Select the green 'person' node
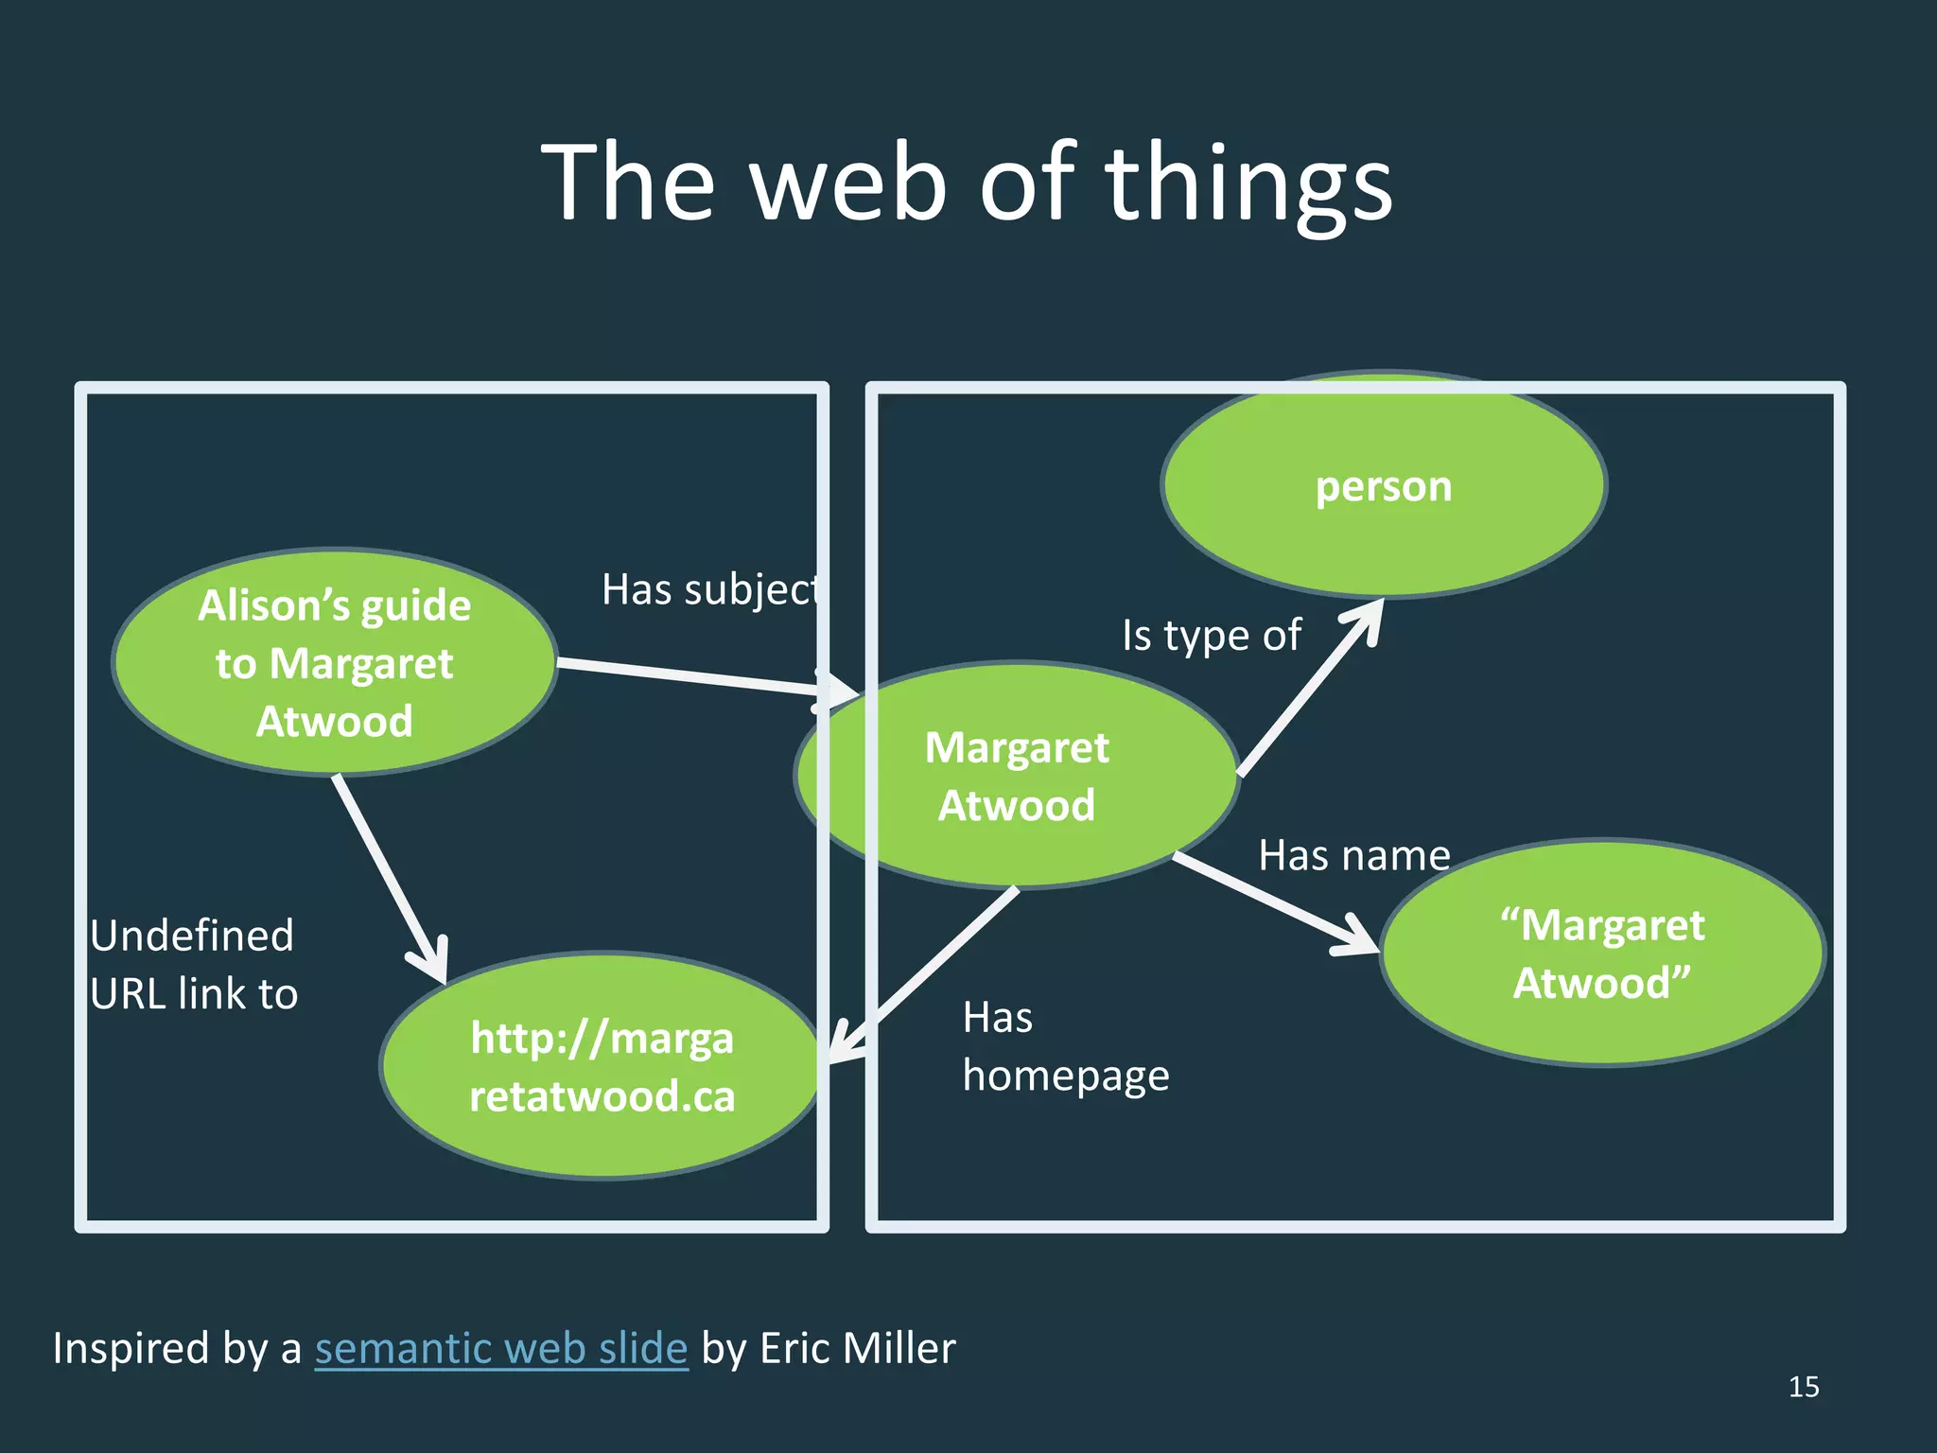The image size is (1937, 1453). point(1383,486)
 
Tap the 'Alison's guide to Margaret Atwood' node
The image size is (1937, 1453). point(334,662)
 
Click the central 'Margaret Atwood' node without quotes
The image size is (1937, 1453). point(1017,776)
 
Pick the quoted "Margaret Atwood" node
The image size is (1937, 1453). point(1602,954)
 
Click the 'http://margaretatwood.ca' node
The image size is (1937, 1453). point(602,1066)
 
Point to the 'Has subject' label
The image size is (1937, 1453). point(709,590)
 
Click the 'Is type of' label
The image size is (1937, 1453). point(1211,635)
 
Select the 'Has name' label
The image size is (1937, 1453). point(1353,855)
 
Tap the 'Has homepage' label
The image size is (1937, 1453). point(1065,1046)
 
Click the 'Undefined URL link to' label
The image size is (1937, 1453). point(194,964)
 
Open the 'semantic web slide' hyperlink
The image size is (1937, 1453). point(501,1348)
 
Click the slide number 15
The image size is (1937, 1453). point(1803,1387)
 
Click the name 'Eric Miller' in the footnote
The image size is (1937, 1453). point(857,1348)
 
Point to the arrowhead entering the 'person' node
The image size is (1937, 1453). point(1368,620)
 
